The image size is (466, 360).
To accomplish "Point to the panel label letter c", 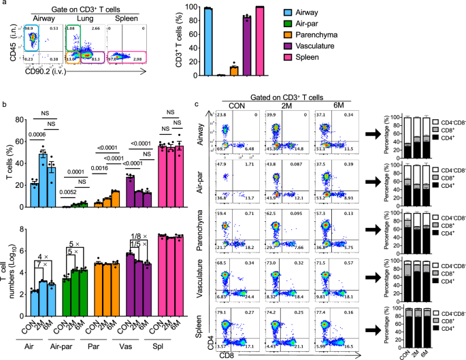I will click(x=197, y=104).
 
